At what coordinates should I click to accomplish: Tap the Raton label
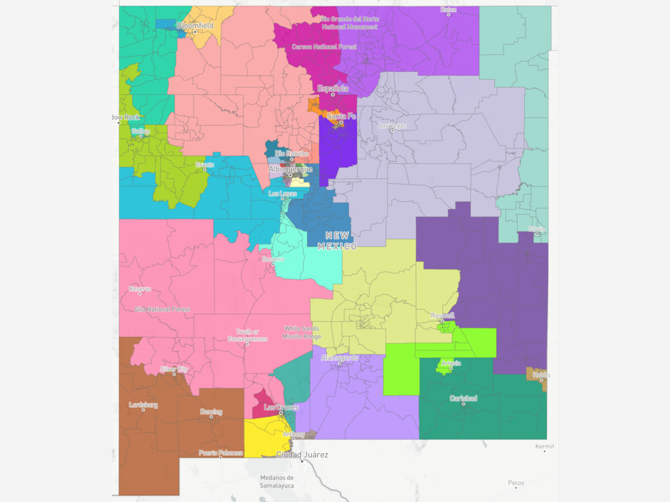[x=448, y=9]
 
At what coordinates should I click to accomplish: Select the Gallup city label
[x=141, y=131]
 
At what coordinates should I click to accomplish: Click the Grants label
[x=200, y=165]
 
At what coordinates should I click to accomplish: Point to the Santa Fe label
[x=341, y=116]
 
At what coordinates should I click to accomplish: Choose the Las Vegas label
[x=393, y=126]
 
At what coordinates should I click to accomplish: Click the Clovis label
[x=537, y=229]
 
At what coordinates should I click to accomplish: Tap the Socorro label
[x=273, y=259]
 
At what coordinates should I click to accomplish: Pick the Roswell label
[x=442, y=315]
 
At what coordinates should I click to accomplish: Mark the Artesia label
[x=451, y=363]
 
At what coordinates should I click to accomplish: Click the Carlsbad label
[x=463, y=398]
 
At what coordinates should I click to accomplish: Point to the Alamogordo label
[x=339, y=358]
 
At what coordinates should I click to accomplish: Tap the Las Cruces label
[x=280, y=407]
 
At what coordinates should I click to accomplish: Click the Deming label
[x=211, y=412]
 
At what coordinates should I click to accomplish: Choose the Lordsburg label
[x=143, y=404]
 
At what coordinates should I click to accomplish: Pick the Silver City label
[x=174, y=369]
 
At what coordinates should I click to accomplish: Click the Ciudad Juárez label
[x=302, y=455]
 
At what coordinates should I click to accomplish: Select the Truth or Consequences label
[x=247, y=335]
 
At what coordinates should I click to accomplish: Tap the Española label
[x=333, y=88]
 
